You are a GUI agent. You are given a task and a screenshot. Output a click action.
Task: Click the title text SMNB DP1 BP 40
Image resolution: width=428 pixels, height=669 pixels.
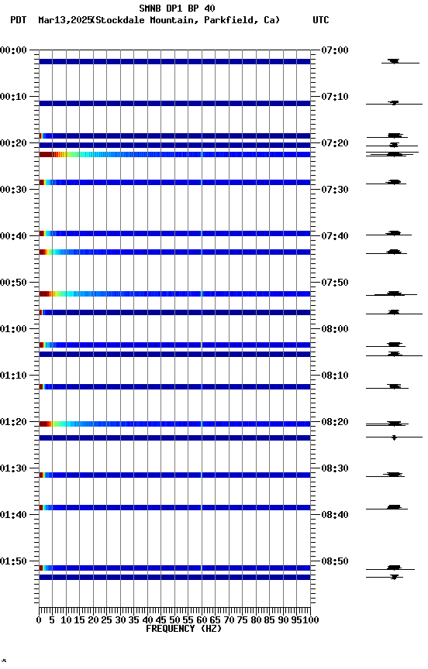(x=177, y=9)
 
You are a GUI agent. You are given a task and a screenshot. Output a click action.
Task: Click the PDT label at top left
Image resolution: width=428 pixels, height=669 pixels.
(x=18, y=20)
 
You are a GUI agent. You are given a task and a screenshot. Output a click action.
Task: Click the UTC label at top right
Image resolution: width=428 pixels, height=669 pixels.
(x=320, y=20)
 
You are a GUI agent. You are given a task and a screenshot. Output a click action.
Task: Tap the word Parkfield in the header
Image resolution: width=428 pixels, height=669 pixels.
(x=230, y=20)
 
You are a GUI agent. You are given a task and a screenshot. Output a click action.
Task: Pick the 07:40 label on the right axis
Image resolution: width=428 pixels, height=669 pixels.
(x=334, y=236)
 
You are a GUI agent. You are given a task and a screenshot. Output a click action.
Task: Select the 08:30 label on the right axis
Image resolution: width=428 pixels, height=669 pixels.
(x=334, y=468)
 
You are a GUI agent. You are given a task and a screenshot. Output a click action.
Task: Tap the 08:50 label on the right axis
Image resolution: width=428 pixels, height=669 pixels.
(x=334, y=561)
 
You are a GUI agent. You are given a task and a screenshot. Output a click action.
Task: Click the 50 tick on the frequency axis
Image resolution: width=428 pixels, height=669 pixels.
(x=174, y=619)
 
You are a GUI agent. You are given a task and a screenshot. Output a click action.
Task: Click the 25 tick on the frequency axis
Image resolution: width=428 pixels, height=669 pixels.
(x=107, y=619)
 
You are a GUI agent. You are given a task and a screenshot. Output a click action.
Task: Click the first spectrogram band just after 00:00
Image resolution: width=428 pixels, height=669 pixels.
(x=174, y=61)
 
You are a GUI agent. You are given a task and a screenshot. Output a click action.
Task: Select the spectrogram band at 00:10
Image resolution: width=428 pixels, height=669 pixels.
(x=174, y=103)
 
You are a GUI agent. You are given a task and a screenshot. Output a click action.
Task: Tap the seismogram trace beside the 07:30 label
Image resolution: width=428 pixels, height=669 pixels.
(x=395, y=182)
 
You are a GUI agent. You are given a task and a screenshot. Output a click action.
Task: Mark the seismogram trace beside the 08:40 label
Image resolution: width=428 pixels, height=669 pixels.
(x=394, y=507)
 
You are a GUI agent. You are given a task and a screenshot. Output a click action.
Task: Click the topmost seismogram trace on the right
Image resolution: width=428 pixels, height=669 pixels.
(x=394, y=61)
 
